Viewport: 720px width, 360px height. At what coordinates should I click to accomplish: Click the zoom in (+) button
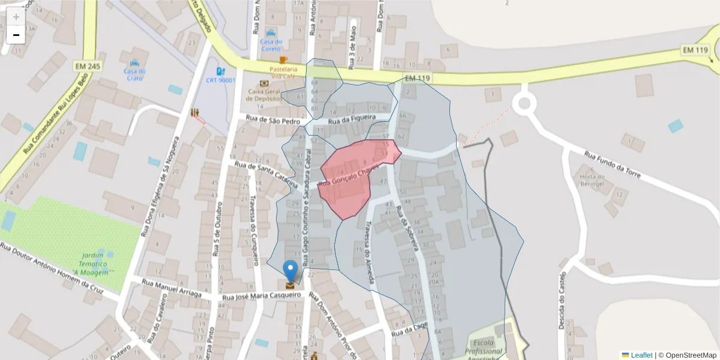[16, 17]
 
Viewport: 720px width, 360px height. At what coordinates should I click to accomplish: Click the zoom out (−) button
[16, 35]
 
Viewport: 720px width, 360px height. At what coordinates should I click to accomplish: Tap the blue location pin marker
[290, 271]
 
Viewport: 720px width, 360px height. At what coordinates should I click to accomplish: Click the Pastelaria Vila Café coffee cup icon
[283, 60]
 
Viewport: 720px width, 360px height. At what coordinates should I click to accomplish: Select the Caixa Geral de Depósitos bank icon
[264, 83]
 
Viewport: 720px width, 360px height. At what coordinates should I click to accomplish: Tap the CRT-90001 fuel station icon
[221, 71]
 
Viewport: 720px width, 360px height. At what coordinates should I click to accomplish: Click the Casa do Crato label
[134, 74]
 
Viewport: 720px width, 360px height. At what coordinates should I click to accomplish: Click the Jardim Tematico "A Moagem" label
[93, 264]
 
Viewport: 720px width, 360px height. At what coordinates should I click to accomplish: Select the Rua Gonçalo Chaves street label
[348, 176]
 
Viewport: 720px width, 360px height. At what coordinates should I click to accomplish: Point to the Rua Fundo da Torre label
[613, 166]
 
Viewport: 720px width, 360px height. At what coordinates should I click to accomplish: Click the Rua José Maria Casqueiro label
[261, 296]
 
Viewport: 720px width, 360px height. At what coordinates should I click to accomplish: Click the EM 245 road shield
[88, 65]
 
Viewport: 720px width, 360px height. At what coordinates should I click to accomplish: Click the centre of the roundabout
[524, 103]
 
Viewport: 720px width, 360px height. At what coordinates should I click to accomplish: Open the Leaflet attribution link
[641, 355]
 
